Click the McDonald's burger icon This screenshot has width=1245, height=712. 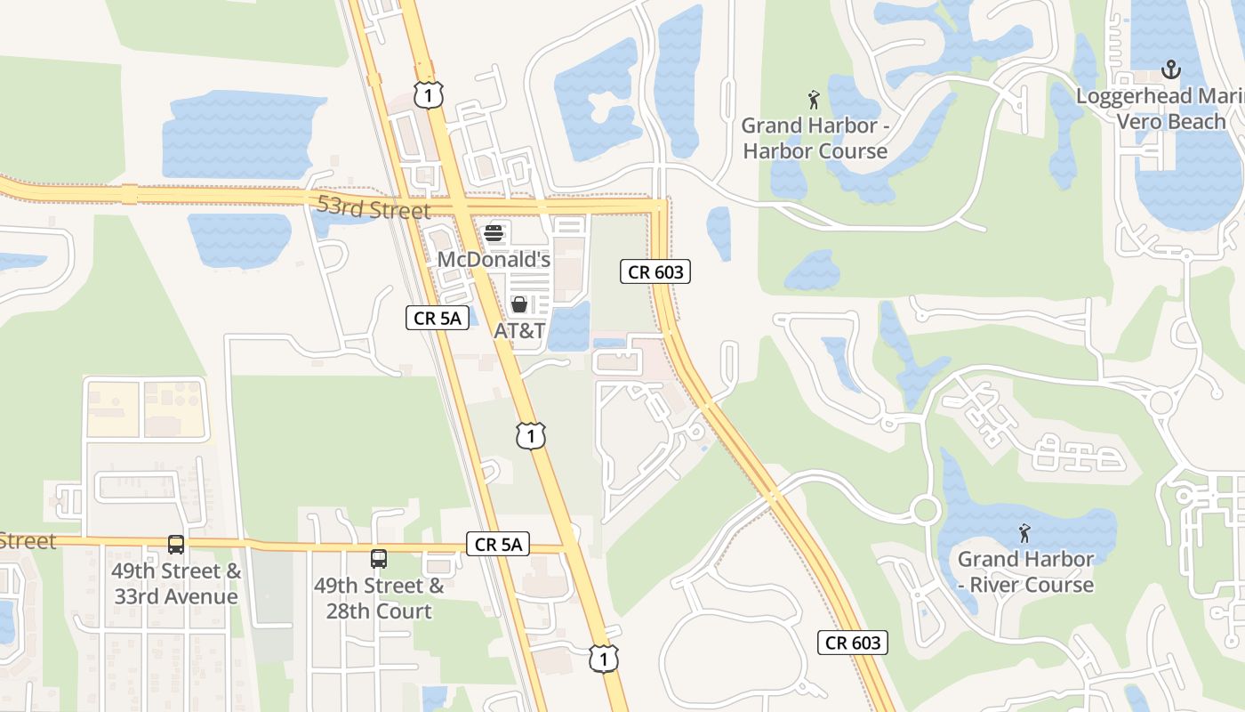[494, 233]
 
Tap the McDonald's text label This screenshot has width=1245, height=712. [494, 260]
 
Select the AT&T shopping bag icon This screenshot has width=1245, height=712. [519, 304]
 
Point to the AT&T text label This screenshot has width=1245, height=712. [519, 331]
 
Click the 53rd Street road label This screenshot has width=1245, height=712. [373, 209]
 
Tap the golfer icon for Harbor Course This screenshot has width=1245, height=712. [813, 99]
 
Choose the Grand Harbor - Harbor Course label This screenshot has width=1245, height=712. [815, 138]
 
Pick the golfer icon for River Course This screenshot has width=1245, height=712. [1024, 533]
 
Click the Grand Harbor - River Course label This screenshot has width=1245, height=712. [1026, 571]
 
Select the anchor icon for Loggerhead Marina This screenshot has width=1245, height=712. [1171, 69]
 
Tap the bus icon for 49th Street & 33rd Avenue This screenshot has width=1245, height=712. [176, 544]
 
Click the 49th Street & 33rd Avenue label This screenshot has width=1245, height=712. [176, 583]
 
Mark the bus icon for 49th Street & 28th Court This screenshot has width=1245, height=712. [379, 559]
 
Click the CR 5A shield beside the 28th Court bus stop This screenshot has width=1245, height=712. [498, 544]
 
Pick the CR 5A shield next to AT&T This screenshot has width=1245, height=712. [438, 318]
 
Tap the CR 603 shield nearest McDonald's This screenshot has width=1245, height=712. [655, 272]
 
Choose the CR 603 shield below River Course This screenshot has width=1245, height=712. [853, 643]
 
